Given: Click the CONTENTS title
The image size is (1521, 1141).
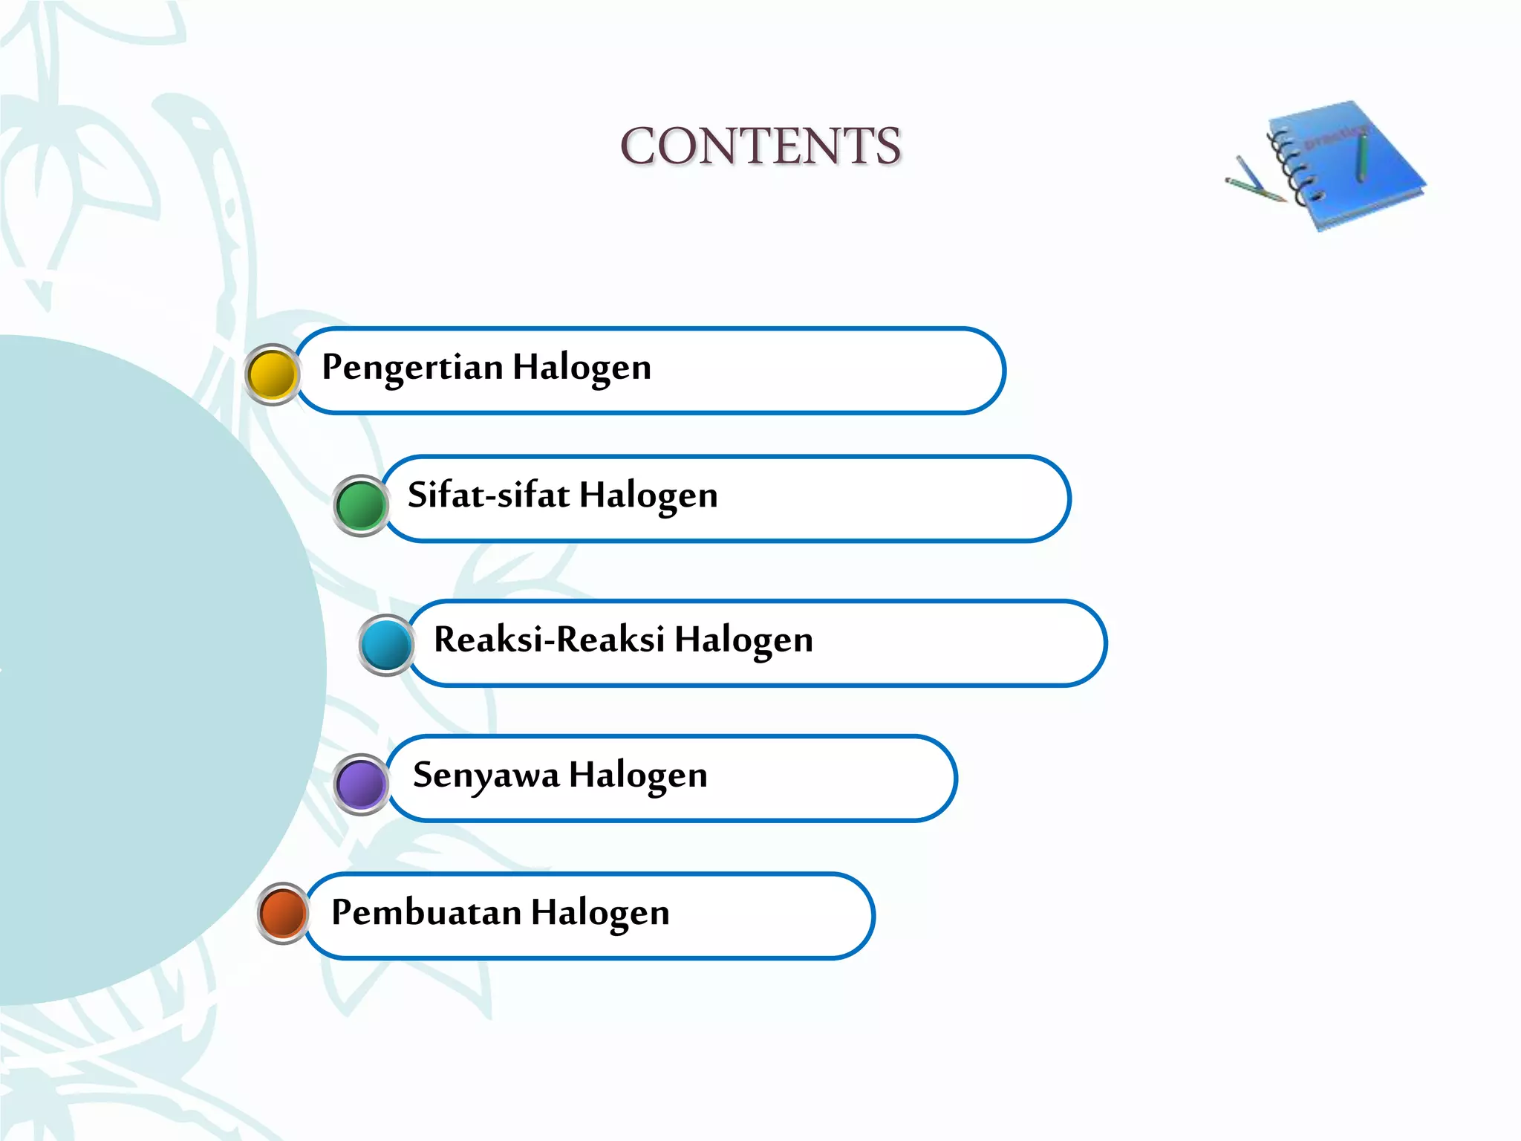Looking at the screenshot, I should tap(760, 146).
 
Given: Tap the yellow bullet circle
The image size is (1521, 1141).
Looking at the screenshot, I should tap(272, 374).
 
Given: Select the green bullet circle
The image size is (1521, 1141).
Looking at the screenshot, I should tap(361, 505).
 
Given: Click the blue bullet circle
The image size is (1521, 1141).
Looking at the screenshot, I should tap(386, 645).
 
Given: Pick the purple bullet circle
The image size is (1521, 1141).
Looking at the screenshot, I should tap(361, 784).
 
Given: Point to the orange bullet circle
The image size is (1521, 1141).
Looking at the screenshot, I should tap(283, 913).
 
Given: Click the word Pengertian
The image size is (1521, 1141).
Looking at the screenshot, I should tap(412, 368).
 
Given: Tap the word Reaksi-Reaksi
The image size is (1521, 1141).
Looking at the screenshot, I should tap(549, 640).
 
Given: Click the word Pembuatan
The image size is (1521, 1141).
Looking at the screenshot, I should tap(426, 912).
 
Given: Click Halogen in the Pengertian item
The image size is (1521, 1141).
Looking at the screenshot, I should tap(582, 368).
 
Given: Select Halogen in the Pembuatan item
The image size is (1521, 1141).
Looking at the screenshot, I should tap(600, 913).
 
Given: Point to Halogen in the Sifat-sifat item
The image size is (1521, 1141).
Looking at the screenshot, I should tap(648, 495).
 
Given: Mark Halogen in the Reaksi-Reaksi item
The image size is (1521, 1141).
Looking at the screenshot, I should tap(743, 640).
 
